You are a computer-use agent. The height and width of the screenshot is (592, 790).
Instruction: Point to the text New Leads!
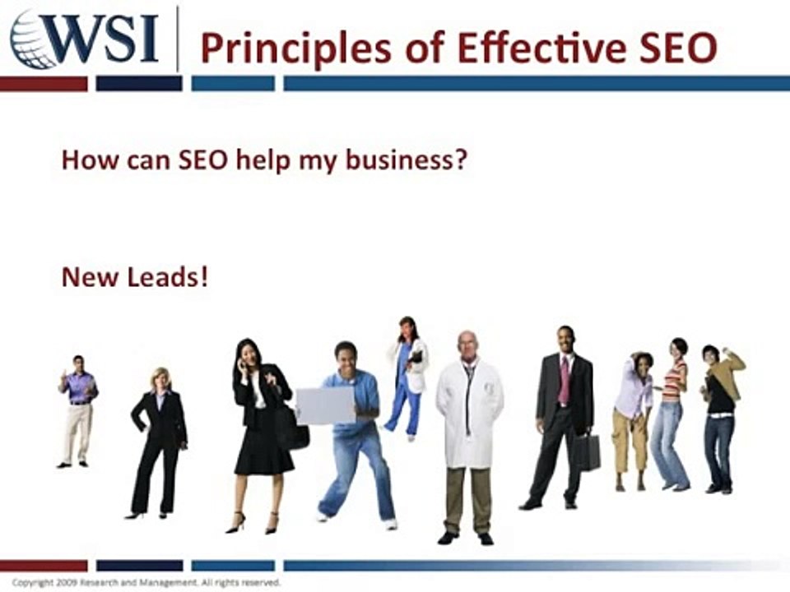(x=135, y=277)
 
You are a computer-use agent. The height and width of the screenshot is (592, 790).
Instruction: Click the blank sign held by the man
(x=325, y=406)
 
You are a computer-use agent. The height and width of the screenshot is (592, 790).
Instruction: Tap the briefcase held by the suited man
(x=587, y=451)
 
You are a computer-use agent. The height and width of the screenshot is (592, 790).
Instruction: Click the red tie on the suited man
(x=564, y=379)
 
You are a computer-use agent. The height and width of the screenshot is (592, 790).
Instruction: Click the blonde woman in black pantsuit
(x=159, y=440)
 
